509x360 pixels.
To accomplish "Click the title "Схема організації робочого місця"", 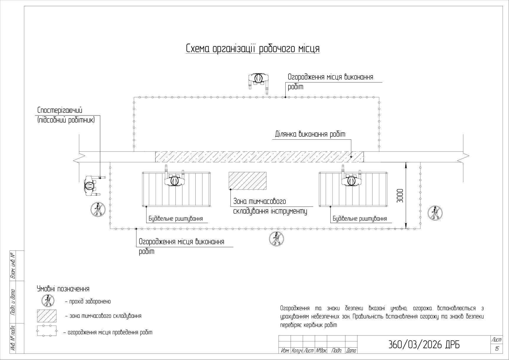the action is point(253,49).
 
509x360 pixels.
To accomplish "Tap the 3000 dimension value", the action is point(400,196).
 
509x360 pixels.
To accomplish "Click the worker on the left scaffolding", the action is point(174,177).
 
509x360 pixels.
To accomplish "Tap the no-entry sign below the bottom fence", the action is point(276,238).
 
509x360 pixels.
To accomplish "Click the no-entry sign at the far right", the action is point(435,213).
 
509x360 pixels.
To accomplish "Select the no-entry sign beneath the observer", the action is point(98,209).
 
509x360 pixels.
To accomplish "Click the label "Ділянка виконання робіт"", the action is point(310,134).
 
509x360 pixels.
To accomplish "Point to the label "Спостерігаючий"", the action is point(60,110).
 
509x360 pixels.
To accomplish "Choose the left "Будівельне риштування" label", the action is point(176,219).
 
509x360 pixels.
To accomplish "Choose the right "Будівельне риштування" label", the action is point(360,219).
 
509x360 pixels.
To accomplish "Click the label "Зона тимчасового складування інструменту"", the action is point(270,207).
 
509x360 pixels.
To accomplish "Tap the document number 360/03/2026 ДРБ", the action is point(424,345).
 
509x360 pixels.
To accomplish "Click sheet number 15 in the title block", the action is point(497,349).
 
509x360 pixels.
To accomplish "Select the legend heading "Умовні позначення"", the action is point(63,289).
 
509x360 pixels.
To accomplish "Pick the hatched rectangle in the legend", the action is point(47,316).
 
